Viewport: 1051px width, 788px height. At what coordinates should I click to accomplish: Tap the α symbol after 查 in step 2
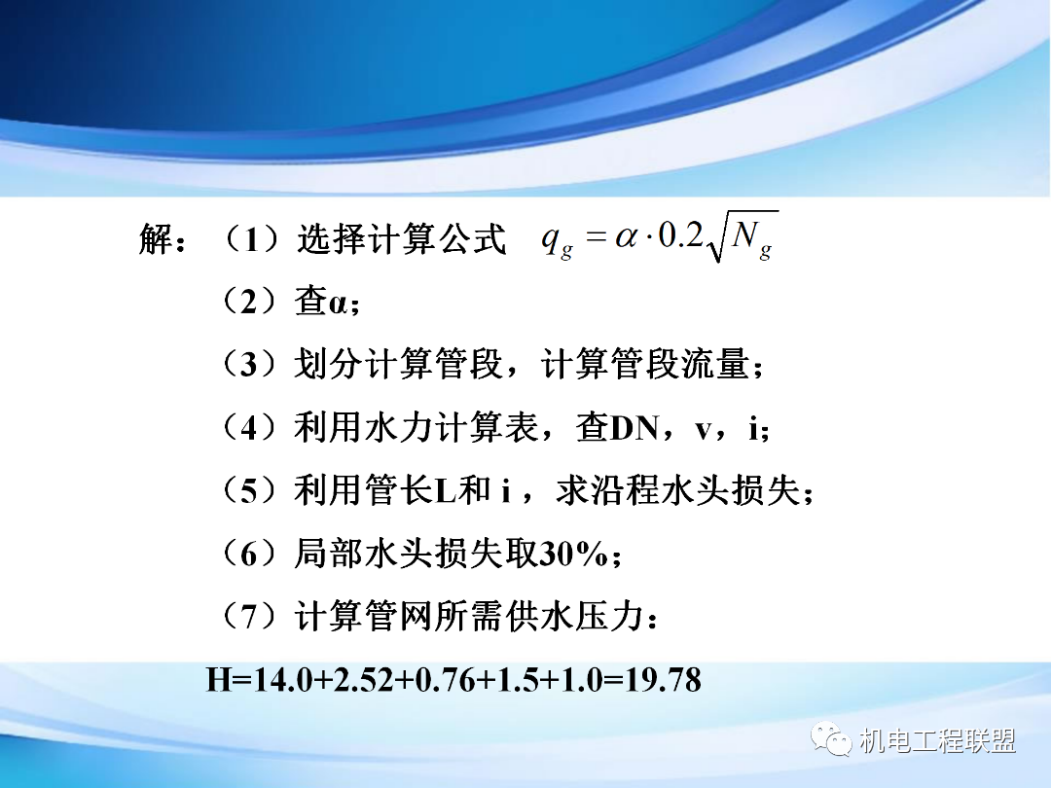[338, 304]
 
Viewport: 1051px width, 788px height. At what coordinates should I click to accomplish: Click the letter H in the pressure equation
[218, 680]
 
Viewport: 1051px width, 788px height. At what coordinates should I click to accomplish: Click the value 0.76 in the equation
[443, 680]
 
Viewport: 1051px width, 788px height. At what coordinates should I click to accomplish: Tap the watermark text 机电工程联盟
[938, 741]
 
